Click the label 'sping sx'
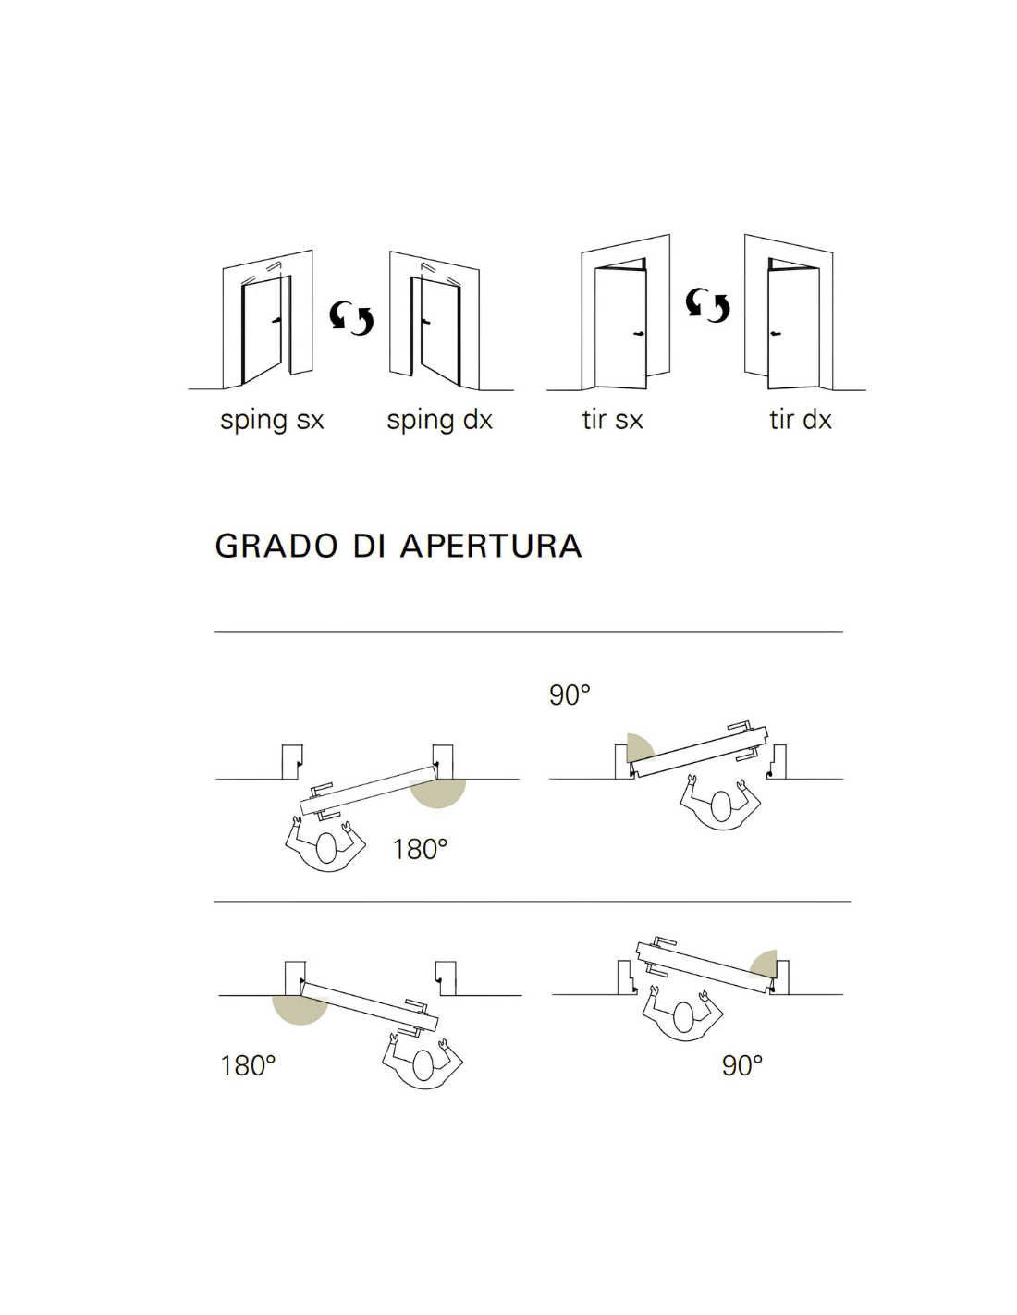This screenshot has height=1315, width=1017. pyautogui.click(x=272, y=420)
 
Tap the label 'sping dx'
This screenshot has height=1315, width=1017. pyautogui.click(x=439, y=420)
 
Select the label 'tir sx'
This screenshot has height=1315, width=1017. pyautogui.click(x=612, y=420)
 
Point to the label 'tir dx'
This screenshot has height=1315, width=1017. pyautogui.click(x=800, y=420)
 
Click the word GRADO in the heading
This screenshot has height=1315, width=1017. pyautogui.click(x=276, y=546)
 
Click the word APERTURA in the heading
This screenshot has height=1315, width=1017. pyautogui.click(x=491, y=546)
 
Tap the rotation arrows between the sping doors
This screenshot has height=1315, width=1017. pyautogui.click(x=351, y=317)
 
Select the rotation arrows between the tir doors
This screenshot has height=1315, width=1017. pyautogui.click(x=707, y=304)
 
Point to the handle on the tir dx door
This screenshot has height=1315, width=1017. pyautogui.click(x=775, y=333)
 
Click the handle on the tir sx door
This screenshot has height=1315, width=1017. pyautogui.click(x=638, y=334)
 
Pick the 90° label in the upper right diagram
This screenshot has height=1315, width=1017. pyautogui.click(x=570, y=694)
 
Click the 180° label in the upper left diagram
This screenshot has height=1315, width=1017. pyautogui.click(x=420, y=849)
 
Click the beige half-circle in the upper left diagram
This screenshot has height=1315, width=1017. pyautogui.click(x=437, y=793)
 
